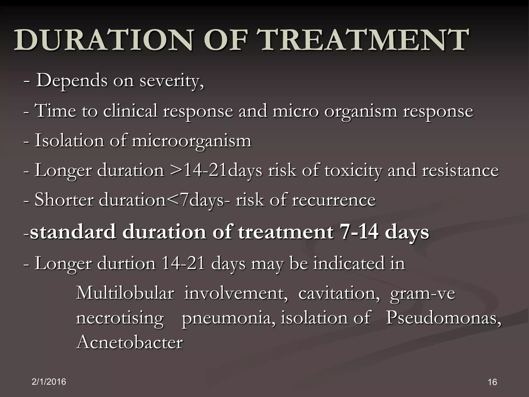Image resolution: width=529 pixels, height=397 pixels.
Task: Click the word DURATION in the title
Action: click(x=103, y=40)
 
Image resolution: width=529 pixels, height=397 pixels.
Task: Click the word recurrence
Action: click(x=333, y=200)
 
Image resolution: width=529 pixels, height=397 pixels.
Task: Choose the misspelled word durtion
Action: click(x=126, y=263)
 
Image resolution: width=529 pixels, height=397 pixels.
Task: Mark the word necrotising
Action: click(x=120, y=318)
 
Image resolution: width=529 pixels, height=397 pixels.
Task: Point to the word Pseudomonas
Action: click(x=443, y=318)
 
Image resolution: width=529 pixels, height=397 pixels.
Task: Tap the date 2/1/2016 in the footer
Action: click(x=49, y=381)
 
